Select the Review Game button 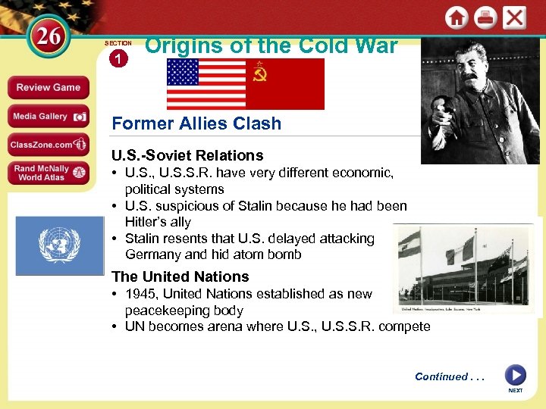(x=48, y=87)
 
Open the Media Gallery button (x=48, y=116)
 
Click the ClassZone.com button (x=48, y=144)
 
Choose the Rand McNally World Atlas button (x=48, y=173)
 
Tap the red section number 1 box (x=118, y=58)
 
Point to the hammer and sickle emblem (x=261, y=75)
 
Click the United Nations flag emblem (x=59, y=245)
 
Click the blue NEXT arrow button (x=515, y=375)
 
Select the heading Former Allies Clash (x=196, y=123)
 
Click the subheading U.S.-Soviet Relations (x=187, y=155)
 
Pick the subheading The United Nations (x=180, y=276)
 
